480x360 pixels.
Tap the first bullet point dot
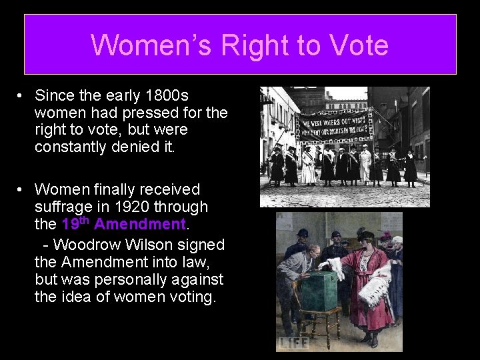coord(22,97)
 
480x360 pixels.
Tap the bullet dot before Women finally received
coord(22,191)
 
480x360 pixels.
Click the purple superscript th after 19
coord(85,220)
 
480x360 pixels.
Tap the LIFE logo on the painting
coord(295,342)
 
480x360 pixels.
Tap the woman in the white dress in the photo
coord(309,167)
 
